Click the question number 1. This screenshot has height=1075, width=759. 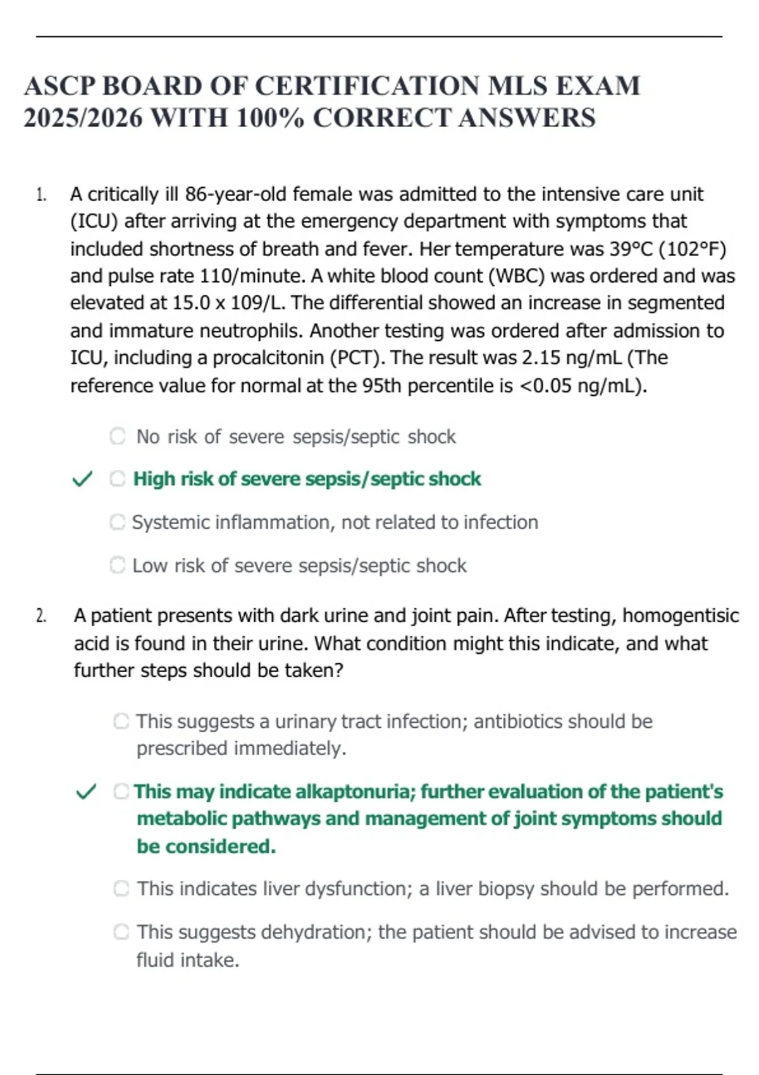pyautogui.click(x=41, y=195)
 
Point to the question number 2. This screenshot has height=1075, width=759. pyautogui.click(x=41, y=616)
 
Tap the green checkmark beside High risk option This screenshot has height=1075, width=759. pyautogui.click(x=83, y=479)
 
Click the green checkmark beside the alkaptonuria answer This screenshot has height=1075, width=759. pyautogui.click(x=86, y=792)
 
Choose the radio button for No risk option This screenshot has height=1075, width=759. pyautogui.click(x=118, y=436)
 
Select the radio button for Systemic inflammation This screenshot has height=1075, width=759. pyautogui.click(x=118, y=522)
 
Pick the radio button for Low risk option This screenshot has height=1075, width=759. pyautogui.click(x=118, y=565)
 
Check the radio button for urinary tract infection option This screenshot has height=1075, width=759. pyautogui.click(x=121, y=722)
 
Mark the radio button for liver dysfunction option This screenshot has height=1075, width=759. pyautogui.click(x=121, y=889)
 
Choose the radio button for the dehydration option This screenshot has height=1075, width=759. pyautogui.click(x=121, y=932)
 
